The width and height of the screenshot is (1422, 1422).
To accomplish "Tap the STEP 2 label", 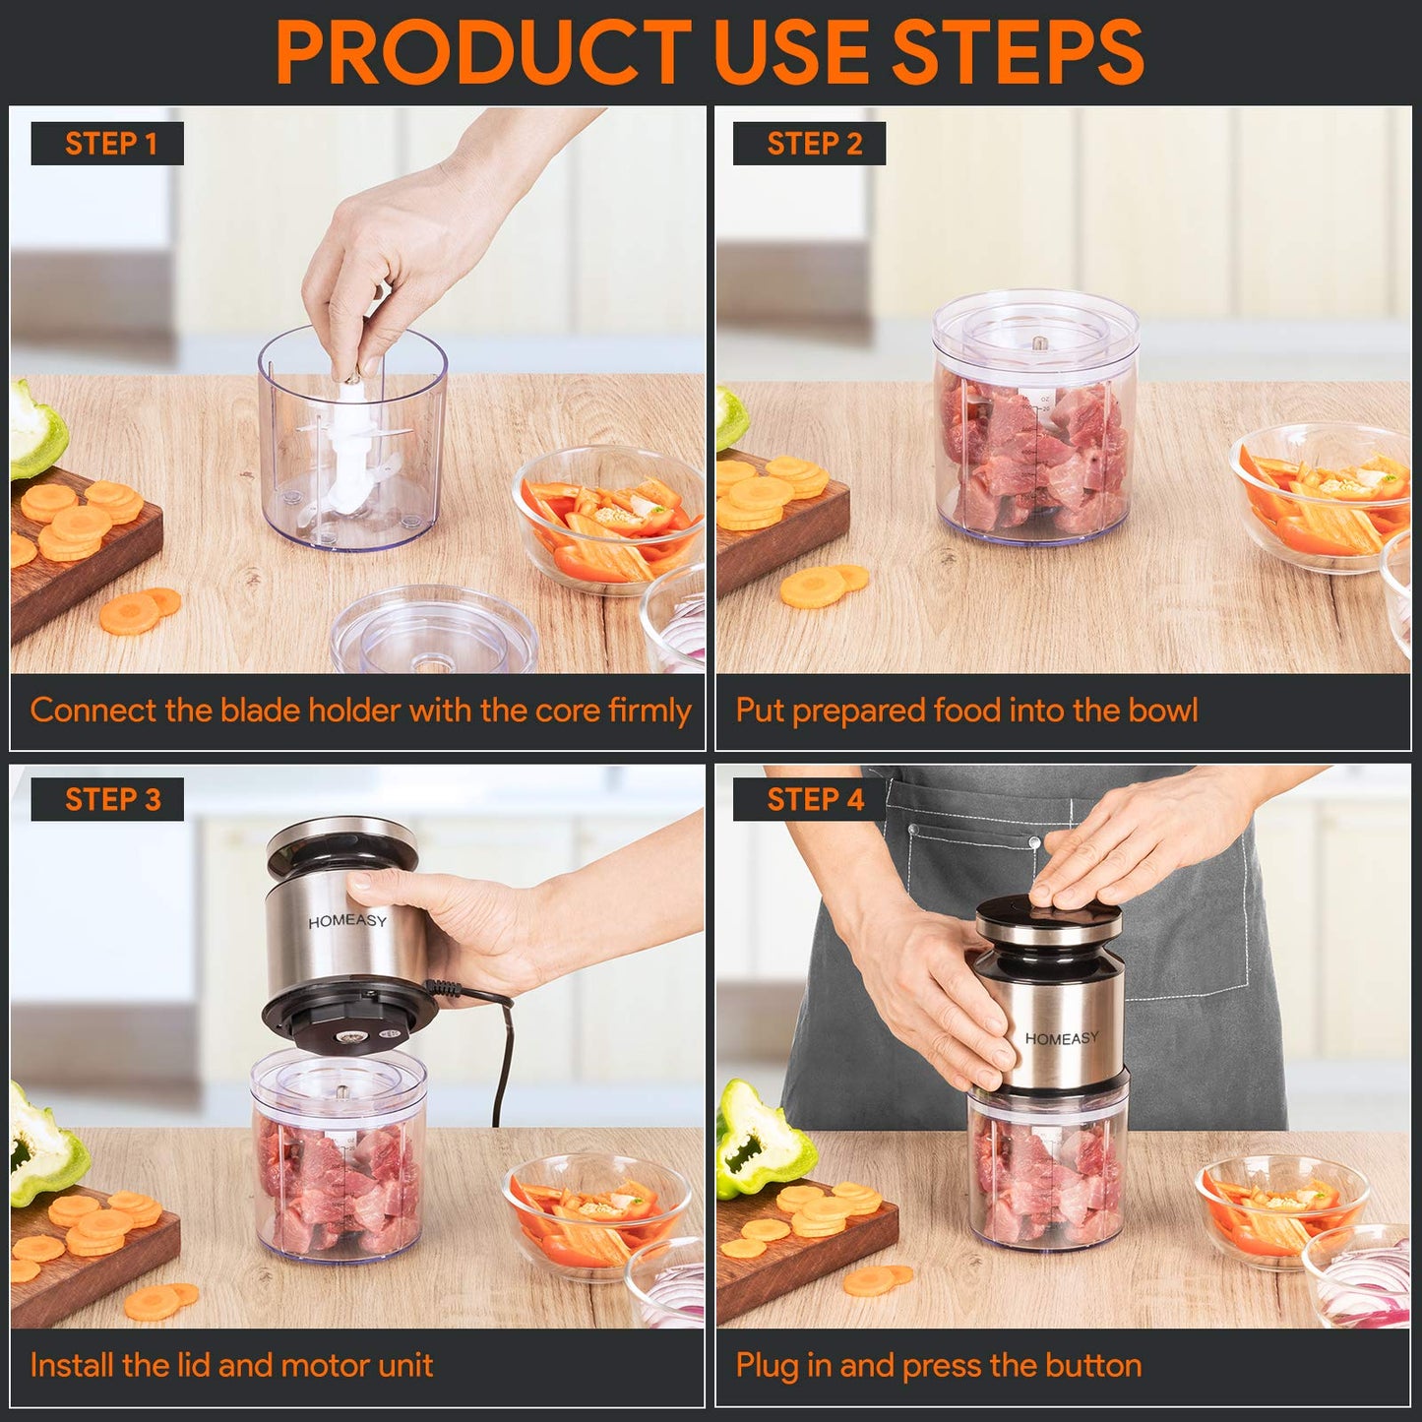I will tap(813, 144).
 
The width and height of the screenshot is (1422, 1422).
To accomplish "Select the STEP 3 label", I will tap(110, 799).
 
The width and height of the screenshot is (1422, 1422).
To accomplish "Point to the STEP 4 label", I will tap(814, 799).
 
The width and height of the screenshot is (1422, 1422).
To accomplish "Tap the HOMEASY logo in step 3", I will tap(347, 921).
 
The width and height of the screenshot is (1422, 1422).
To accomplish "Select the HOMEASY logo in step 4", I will tap(1061, 1038).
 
